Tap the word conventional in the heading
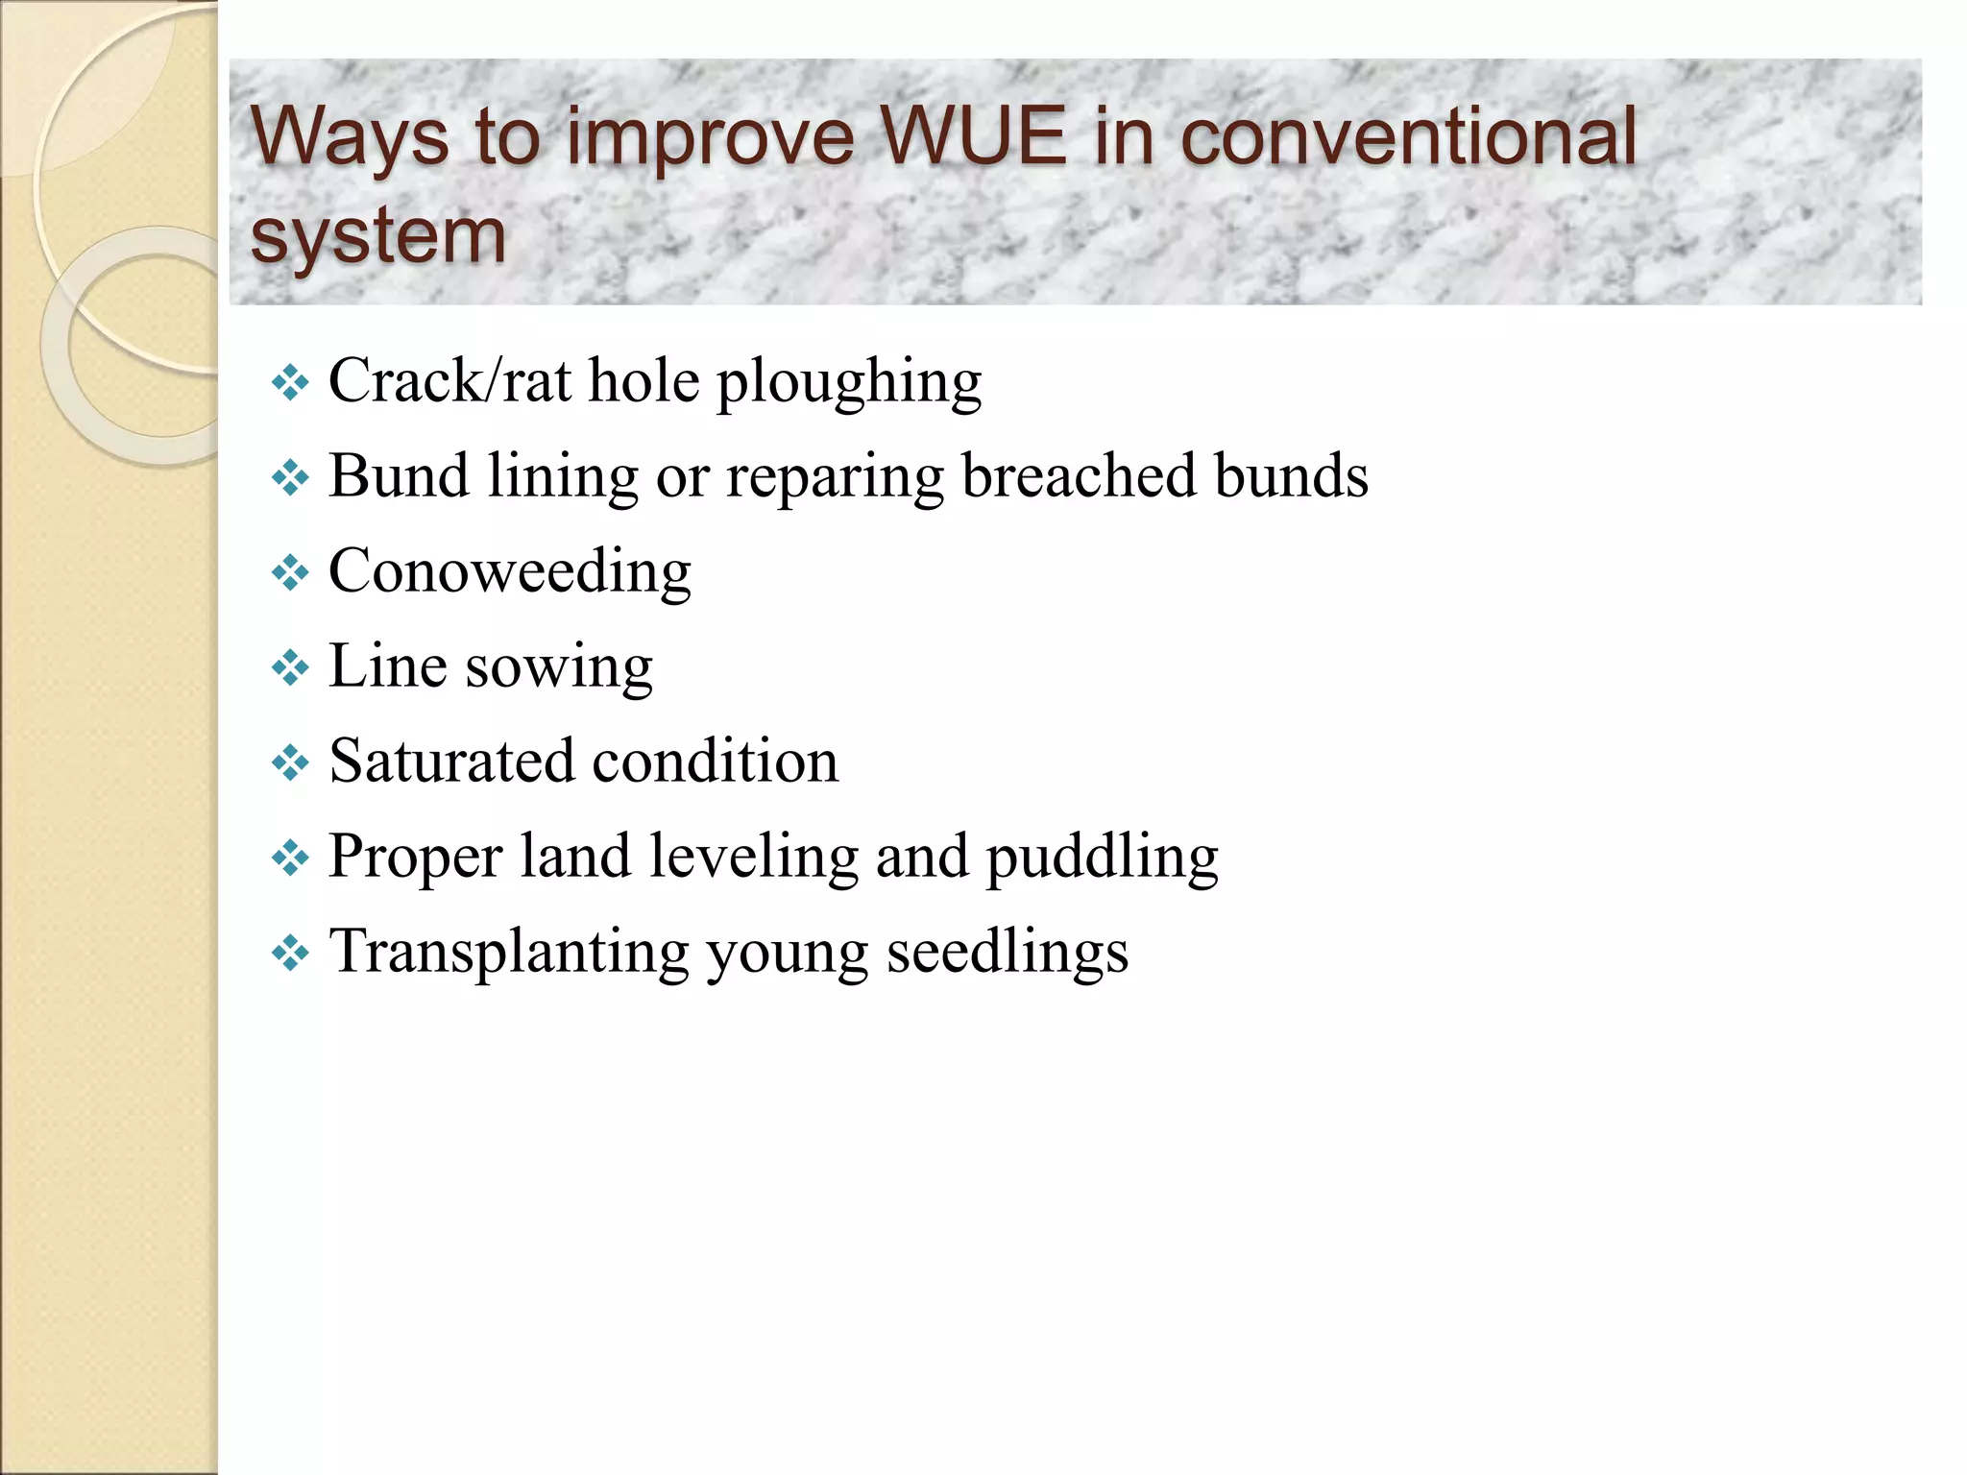pyautogui.click(x=1408, y=137)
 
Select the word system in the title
pyautogui.click(x=377, y=236)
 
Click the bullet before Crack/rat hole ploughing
pyautogui.click(x=289, y=384)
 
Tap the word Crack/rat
pyautogui.click(x=449, y=381)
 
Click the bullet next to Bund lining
pyautogui.click(x=289, y=478)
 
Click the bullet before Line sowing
pyautogui.click(x=289, y=668)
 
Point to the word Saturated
pyautogui.click(x=451, y=762)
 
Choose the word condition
pyautogui.click(x=716, y=762)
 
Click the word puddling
pyautogui.click(x=1102, y=858)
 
